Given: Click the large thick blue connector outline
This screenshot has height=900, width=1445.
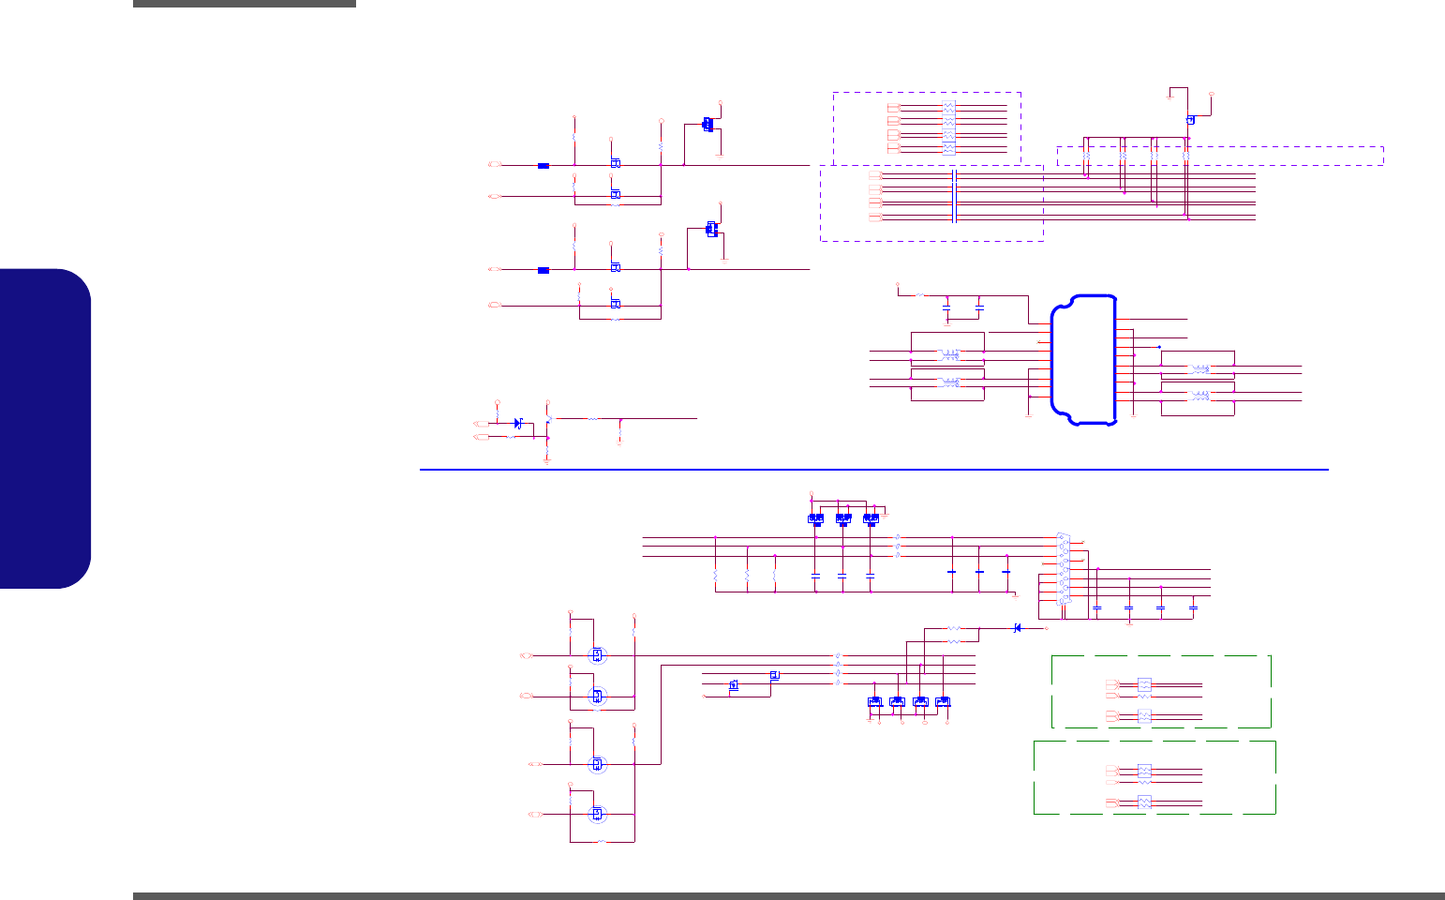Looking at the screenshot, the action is click(x=1084, y=359).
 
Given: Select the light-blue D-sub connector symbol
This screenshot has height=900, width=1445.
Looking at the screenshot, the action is click(x=1064, y=569).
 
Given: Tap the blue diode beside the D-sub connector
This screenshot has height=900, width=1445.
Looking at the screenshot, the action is click(x=1018, y=628).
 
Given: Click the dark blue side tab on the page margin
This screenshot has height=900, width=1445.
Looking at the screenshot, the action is click(x=46, y=428).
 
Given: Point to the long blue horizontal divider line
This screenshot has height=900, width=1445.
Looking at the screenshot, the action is click(x=873, y=469).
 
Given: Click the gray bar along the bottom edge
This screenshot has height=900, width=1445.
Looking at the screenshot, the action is click(x=787, y=896).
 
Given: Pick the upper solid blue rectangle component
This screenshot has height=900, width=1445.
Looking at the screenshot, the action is click(x=543, y=166).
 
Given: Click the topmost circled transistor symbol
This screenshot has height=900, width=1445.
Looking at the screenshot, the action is click(x=596, y=654).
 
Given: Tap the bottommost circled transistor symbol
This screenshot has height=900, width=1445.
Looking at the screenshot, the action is click(x=596, y=813).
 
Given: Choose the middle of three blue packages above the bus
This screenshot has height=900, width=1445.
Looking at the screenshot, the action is click(x=842, y=517).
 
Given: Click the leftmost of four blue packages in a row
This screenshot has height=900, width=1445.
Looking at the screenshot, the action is click(x=874, y=701).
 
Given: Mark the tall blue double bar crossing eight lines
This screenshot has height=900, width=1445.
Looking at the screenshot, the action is click(x=953, y=196).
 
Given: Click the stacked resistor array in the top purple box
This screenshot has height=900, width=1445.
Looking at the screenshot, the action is click(x=948, y=127).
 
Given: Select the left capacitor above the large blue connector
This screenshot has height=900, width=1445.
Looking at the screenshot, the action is click(x=946, y=307).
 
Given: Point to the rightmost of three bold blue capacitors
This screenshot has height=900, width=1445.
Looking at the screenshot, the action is click(x=1006, y=571).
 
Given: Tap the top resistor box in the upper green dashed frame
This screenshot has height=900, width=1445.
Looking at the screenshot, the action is click(x=1144, y=684).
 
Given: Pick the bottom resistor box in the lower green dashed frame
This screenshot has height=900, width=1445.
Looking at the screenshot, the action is click(x=1144, y=802).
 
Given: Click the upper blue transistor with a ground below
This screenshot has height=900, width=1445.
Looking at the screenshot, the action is click(x=708, y=124).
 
